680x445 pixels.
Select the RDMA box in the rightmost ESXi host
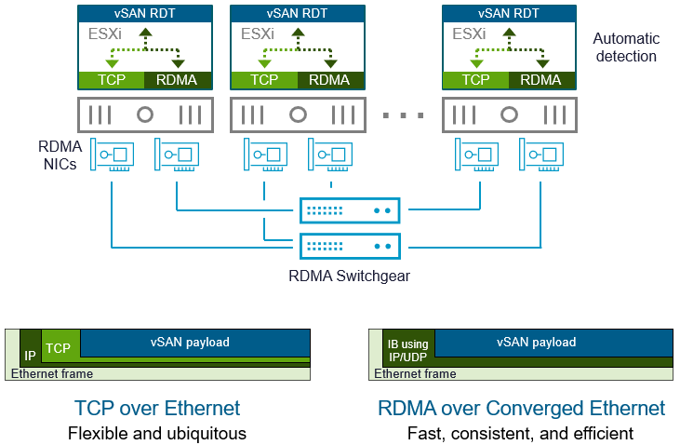(x=541, y=80)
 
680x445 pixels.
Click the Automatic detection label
(x=626, y=47)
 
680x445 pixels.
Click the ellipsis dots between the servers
(x=404, y=115)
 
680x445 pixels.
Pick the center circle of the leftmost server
(x=144, y=115)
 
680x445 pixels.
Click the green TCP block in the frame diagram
(x=59, y=348)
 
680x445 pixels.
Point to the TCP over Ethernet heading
(x=156, y=408)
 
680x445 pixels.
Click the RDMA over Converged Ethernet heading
(x=521, y=408)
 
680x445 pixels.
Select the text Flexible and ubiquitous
(x=156, y=433)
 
